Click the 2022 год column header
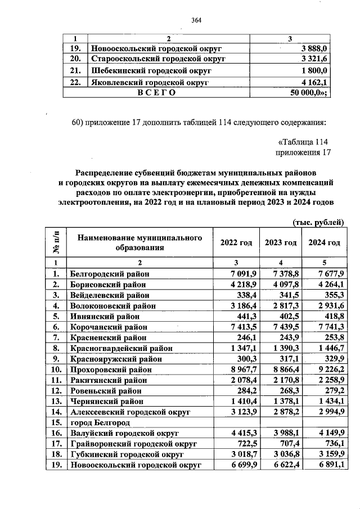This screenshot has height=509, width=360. point(236,242)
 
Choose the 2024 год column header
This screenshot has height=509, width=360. point(324,242)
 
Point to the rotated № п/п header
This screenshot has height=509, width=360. point(56,242)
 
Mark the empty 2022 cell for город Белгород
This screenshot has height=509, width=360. point(236,422)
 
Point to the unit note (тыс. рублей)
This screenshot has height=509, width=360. point(318,223)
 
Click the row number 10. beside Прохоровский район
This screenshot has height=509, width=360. point(56,370)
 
